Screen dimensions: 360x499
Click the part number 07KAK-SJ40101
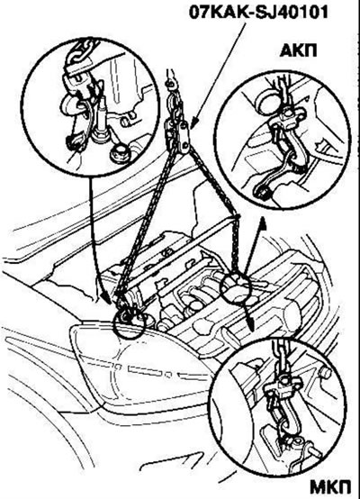258,13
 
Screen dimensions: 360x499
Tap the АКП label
298,50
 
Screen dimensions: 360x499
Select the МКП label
330,486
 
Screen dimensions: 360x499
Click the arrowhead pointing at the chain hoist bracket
195,122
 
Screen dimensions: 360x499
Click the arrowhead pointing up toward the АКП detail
263,222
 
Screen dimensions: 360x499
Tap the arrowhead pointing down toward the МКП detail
251,325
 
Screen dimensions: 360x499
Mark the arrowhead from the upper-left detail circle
105,297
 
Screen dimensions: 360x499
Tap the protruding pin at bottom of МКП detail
314,451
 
